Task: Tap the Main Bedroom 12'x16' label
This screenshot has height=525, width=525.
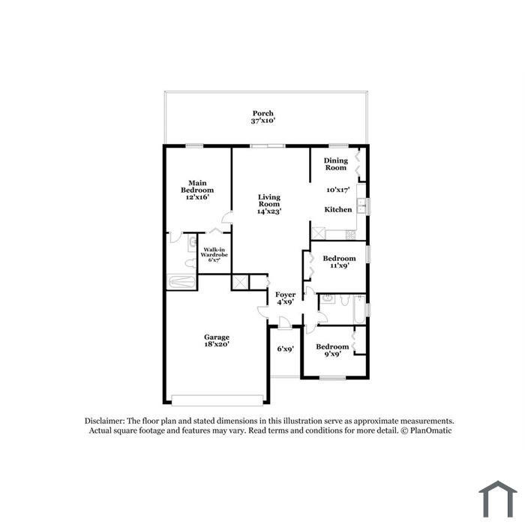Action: (197, 190)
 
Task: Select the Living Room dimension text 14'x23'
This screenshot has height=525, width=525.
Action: (269, 211)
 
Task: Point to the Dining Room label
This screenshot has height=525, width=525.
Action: (336, 164)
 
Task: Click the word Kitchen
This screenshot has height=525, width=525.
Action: (338, 209)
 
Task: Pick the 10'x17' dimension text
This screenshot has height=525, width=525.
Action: (338, 190)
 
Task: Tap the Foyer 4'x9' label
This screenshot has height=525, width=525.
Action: (285, 298)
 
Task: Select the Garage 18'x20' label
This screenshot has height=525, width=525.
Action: (217, 340)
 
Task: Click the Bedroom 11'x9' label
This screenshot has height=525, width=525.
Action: (339, 262)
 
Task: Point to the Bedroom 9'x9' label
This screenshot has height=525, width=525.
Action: (332, 350)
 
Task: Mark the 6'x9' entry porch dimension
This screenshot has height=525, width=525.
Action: (286, 349)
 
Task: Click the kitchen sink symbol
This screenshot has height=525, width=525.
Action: (361, 206)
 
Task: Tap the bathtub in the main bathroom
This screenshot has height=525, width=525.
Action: (181, 282)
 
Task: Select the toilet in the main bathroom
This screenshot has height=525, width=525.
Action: (191, 263)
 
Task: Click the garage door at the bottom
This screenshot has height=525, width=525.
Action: (217, 400)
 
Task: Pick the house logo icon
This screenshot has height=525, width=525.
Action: (498, 499)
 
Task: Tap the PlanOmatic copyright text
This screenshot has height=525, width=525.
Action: (426, 430)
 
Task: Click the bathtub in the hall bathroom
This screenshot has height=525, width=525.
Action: (359, 309)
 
